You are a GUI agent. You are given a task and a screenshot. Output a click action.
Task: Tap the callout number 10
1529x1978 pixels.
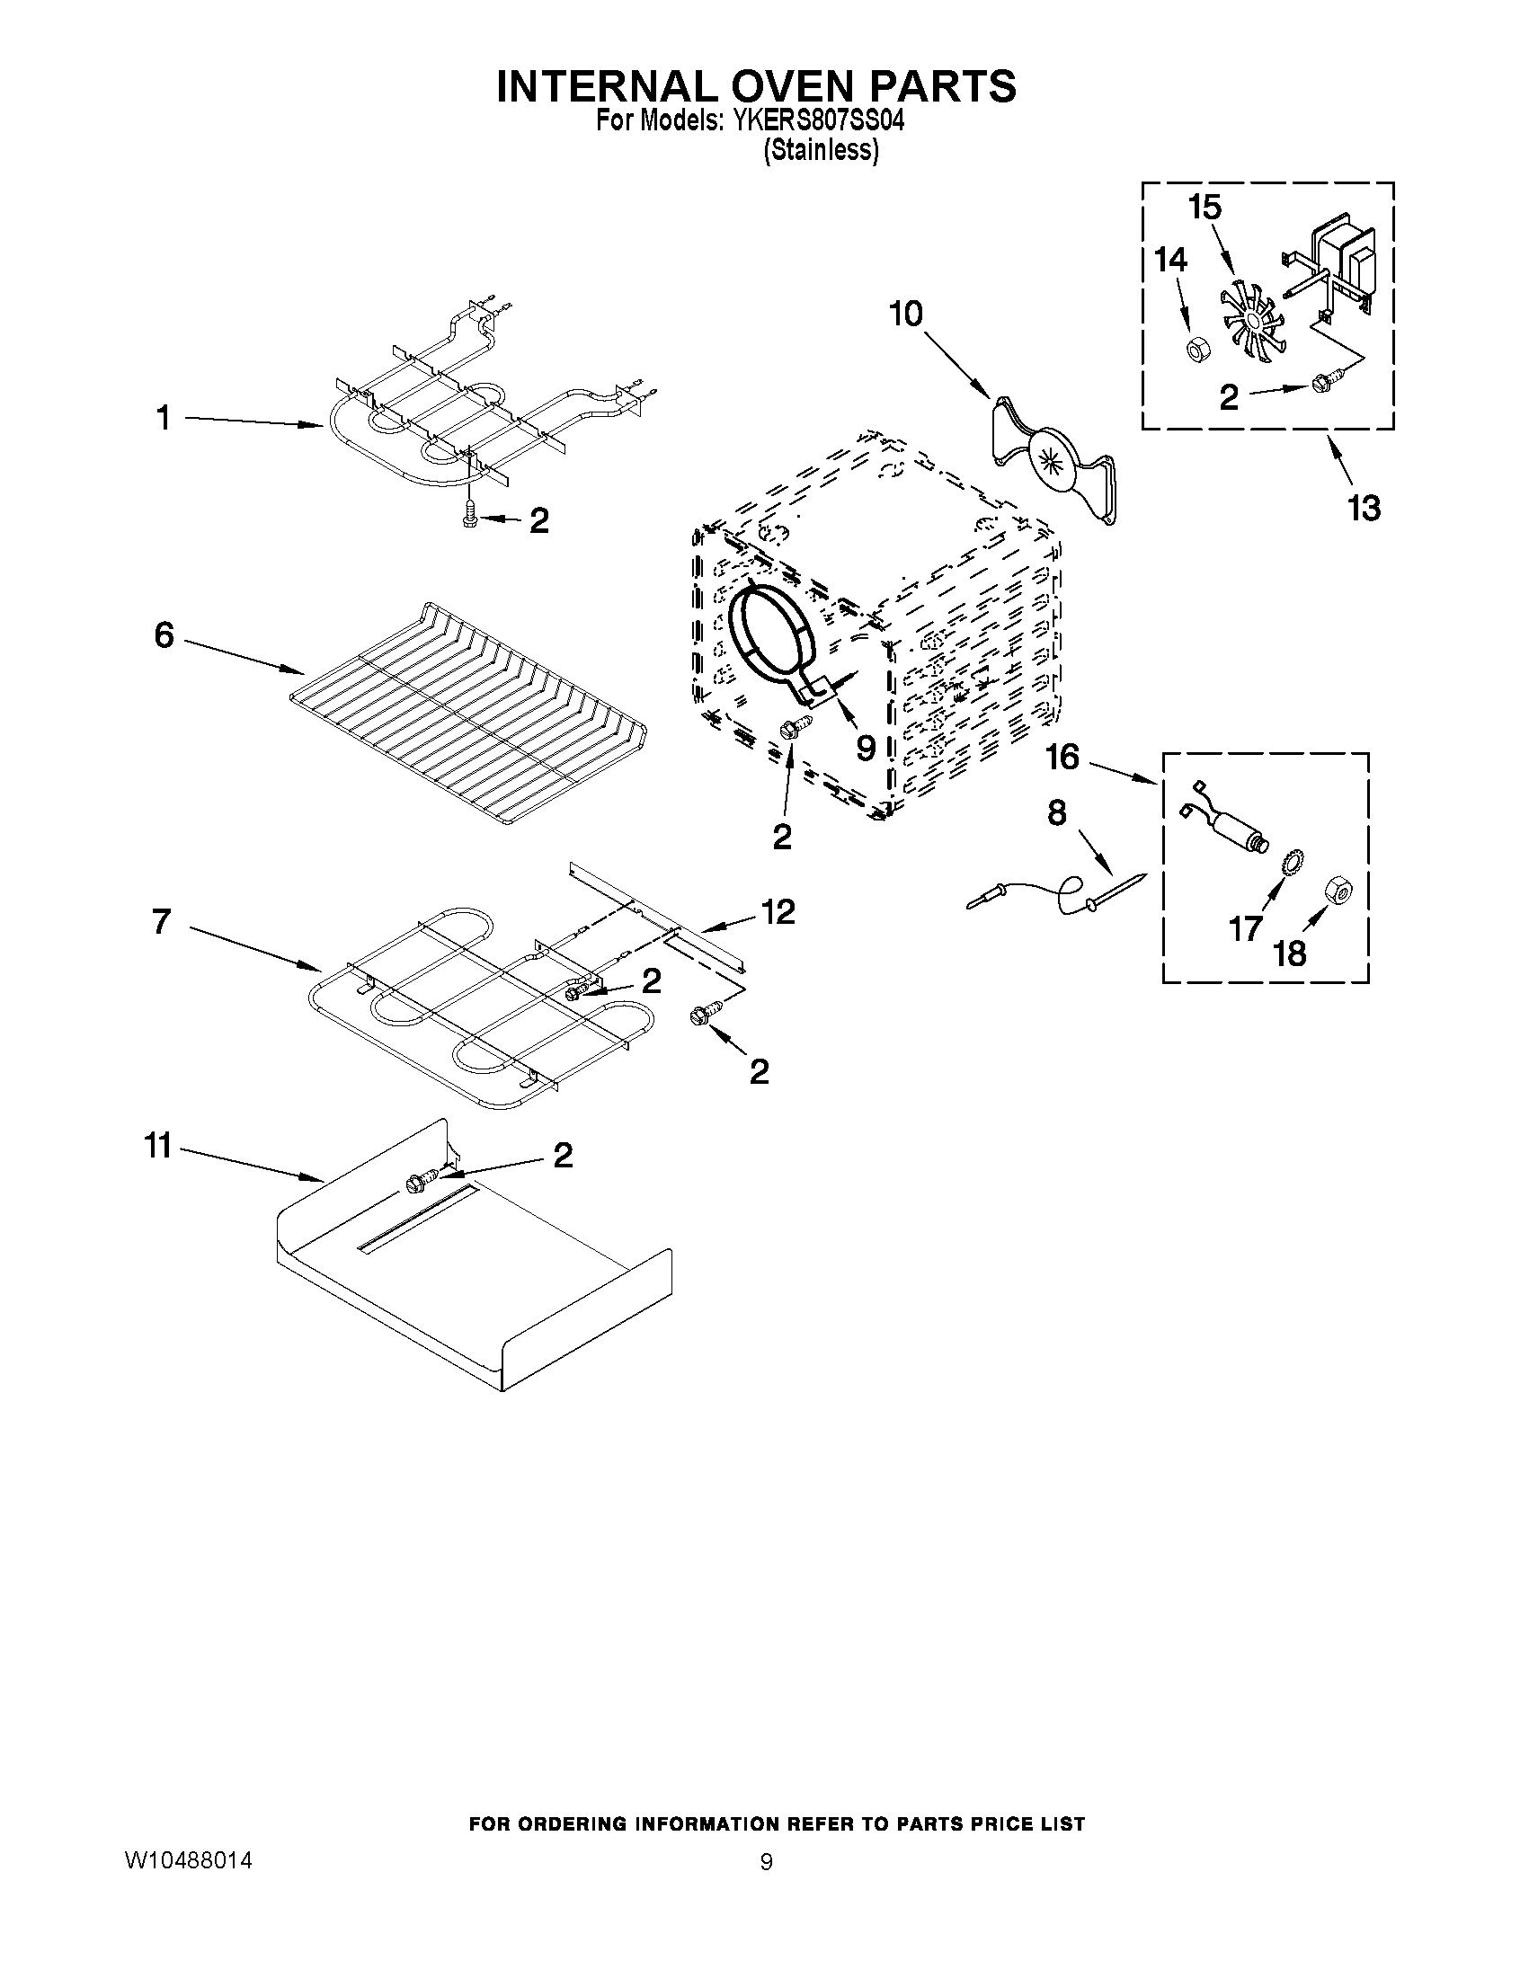click(905, 315)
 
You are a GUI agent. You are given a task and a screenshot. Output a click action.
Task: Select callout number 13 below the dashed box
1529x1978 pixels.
click(1364, 508)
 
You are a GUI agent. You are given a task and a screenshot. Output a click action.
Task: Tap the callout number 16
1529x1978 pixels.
click(1062, 758)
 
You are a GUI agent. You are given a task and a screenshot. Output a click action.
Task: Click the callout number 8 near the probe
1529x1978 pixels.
click(1056, 813)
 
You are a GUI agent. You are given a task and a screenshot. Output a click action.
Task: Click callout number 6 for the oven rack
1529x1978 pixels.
click(164, 635)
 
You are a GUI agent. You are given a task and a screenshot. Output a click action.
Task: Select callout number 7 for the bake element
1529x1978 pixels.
click(162, 922)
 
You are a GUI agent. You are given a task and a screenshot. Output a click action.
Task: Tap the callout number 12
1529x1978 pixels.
click(780, 911)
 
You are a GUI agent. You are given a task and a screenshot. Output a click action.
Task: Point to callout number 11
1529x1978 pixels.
click(158, 1147)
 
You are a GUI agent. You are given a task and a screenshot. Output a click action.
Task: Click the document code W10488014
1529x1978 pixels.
click(189, 1861)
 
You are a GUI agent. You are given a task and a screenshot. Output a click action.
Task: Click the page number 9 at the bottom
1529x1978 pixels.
click(767, 1862)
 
